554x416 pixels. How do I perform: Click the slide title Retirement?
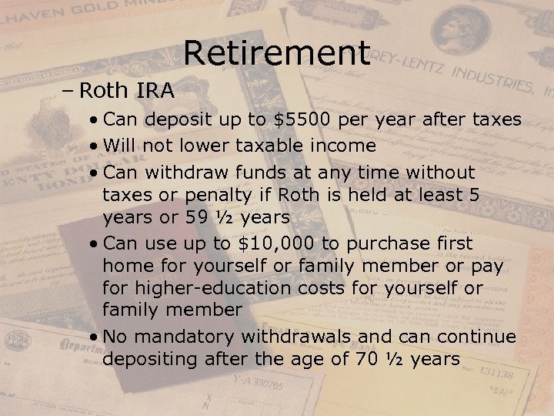coord(277,52)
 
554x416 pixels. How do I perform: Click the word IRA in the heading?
coord(155,91)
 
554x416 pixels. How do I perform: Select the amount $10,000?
coord(275,243)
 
